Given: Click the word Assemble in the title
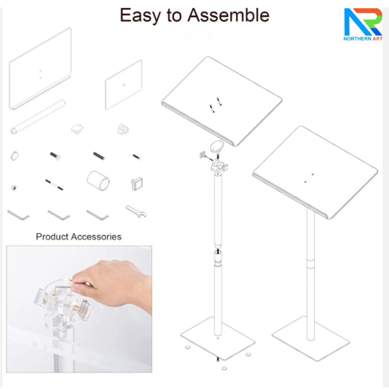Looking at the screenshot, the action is coord(228,15).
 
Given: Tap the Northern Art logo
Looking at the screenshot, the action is coord(363,24).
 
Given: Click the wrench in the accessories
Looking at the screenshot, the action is coord(136,212).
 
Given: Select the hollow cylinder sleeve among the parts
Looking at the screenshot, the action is coord(98,181).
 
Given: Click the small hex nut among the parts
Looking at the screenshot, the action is coord(14,188).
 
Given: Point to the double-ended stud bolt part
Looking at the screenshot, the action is coord(54,185).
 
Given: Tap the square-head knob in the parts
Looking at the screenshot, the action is coord(137,184).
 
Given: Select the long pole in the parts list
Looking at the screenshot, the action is coord(37,117).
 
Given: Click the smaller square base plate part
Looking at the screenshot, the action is coord(123,85).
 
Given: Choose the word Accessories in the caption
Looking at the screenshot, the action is coord(96,237).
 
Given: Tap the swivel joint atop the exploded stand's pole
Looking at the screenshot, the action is coord(218,166).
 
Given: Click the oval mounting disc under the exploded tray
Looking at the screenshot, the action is coord(217,146).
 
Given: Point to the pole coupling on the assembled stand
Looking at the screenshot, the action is coord(310,264).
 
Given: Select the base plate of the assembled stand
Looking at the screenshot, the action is coord(310,339).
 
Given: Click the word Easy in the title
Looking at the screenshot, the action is coord(140,16).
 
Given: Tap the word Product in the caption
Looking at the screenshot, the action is coord(52,237).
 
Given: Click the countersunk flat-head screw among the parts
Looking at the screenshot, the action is coord(55,156).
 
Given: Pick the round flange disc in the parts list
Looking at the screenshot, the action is coord(77,129).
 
